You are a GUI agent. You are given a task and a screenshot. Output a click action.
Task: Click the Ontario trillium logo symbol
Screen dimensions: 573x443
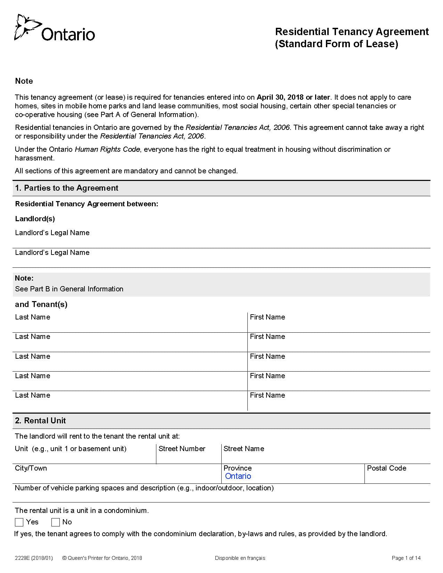[25, 27]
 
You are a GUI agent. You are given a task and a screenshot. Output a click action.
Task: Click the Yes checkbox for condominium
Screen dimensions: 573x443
[19, 522]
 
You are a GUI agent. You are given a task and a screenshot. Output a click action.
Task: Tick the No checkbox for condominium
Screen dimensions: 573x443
[56, 522]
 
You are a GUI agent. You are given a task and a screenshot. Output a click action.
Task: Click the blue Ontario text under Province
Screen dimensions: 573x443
[238, 476]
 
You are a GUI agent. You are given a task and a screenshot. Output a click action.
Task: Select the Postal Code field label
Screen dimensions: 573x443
[386, 468]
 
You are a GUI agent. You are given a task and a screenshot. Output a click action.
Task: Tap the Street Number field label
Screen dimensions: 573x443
[182, 449]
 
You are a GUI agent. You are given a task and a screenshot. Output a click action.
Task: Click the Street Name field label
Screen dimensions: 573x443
[244, 449]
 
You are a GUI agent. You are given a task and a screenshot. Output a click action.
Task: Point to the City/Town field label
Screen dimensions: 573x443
[31, 468]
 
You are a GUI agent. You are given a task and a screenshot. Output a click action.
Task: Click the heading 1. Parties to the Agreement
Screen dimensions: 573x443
[66, 188]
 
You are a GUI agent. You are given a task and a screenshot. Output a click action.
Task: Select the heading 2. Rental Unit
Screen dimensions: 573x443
[40, 421]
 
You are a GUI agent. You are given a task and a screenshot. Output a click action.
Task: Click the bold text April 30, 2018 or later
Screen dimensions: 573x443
[293, 97]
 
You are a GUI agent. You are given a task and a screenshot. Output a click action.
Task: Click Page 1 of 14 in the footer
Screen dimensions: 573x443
[406, 558]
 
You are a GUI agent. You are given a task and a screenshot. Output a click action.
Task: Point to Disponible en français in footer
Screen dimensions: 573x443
[240, 558]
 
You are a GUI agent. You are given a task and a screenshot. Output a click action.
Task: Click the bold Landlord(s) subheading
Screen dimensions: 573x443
[35, 219]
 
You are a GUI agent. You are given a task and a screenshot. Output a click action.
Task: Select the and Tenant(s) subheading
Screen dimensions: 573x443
[41, 304]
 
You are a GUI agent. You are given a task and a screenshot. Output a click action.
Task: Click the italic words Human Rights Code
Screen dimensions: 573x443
[107, 149]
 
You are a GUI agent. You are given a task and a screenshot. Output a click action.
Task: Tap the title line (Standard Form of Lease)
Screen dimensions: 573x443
[336, 44]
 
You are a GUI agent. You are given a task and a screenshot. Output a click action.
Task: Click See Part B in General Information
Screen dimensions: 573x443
[69, 289]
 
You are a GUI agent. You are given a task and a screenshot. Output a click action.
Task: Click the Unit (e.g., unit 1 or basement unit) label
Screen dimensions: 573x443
[71, 449]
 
